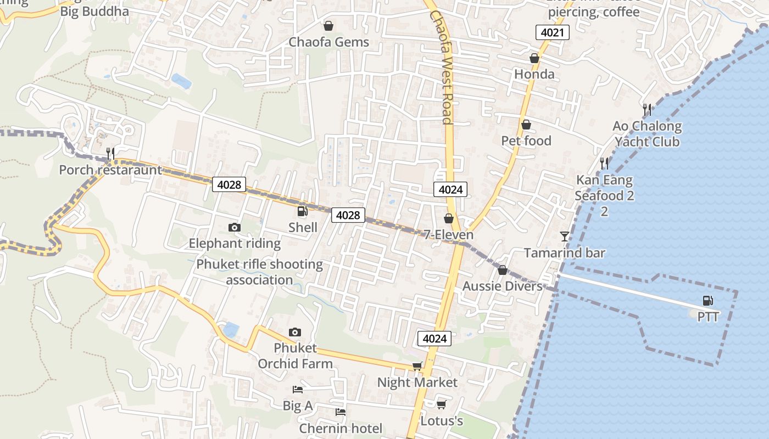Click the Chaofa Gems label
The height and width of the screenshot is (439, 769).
pos(328,42)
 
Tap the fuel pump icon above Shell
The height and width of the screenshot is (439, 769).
pos(302,211)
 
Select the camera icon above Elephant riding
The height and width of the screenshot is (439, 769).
pos(235,227)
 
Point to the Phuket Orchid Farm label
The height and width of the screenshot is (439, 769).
pos(295,356)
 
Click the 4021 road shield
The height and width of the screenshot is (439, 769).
pos(552,32)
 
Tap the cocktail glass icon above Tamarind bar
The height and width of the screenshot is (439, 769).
pos(564,237)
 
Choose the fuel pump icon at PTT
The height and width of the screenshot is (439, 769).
pos(708,301)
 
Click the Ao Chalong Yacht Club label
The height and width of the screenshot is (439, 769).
pos(647,134)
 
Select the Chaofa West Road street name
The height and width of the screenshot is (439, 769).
pos(441,67)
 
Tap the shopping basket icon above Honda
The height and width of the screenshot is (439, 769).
pos(534,58)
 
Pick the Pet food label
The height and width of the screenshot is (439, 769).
pos(526,141)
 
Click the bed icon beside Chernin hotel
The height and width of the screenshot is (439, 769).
pos(341,412)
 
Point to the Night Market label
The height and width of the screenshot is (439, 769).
pos(417,382)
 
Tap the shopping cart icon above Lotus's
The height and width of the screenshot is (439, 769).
pos(441,405)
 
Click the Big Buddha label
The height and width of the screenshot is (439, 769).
pos(94,11)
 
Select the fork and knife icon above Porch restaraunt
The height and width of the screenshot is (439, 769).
pos(110,153)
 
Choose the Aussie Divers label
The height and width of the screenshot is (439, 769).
pos(502,286)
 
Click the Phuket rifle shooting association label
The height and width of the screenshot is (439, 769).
pos(259,272)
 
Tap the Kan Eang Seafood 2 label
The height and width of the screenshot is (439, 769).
pos(604,188)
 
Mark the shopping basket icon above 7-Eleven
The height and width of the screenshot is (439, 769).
pos(449,218)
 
